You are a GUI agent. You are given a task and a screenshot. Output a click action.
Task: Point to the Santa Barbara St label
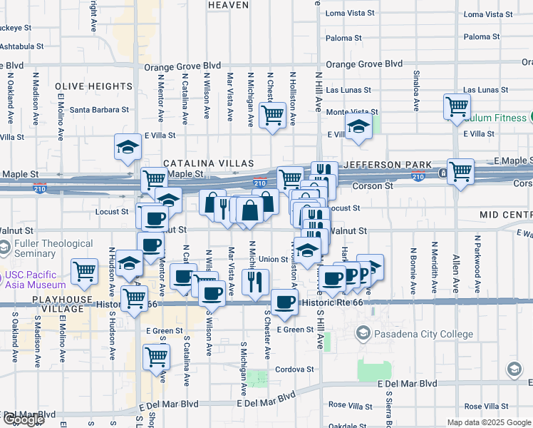pyautogui.click(x=99, y=110)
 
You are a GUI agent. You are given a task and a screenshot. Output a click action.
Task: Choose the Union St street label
pyautogui.click(x=273, y=260)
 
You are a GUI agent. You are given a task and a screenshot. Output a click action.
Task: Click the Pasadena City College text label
pyautogui.click(x=425, y=334)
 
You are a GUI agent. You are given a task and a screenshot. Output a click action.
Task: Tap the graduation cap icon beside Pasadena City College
pyautogui.click(x=363, y=332)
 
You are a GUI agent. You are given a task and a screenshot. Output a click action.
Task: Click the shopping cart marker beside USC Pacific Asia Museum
pyautogui.click(x=84, y=271)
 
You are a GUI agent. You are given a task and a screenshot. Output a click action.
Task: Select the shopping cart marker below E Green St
pyautogui.click(x=156, y=356)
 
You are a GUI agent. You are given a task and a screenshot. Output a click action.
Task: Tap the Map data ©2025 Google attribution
pyautogui.click(x=488, y=422)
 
